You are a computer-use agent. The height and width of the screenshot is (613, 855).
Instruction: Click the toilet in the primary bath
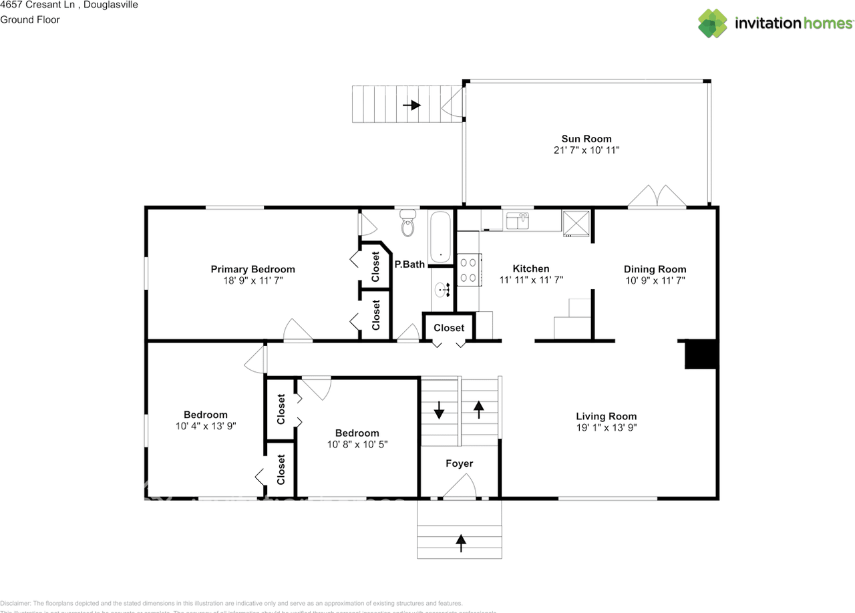pos(409,224)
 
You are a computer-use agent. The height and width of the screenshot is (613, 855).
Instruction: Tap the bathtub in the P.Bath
pos(441,237)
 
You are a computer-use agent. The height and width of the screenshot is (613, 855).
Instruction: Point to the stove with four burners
pos(468,269)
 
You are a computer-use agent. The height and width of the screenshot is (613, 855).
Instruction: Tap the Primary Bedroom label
pos(252,269)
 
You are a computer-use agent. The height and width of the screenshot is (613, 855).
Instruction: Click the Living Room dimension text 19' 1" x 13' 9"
pos(606,427)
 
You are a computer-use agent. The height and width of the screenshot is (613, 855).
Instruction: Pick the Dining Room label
pos(655,269)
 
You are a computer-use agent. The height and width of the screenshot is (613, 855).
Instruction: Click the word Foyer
pos(459,463)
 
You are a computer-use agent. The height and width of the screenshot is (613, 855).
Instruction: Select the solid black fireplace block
pos(701,355)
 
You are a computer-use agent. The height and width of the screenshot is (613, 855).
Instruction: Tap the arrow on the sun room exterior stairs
pos(411,105)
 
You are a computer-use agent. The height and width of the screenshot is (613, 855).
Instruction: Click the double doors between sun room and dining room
pos(657,196)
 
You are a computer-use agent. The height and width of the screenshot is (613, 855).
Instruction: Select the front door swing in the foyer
pos(460,487)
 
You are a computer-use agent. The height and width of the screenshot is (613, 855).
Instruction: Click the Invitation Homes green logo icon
pos(713,23)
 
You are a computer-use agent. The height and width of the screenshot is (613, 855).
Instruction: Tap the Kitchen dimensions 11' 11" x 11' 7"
pos(531,280)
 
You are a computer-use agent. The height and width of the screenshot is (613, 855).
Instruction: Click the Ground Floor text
pos(30,19)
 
